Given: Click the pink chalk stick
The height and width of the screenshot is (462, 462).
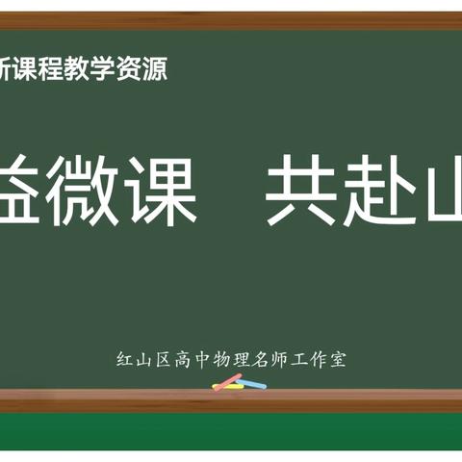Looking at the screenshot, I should click(226, 380).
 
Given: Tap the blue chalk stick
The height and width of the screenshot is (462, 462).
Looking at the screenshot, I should click(251, 384).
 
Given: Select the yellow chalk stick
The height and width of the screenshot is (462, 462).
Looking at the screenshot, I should click(229, 387).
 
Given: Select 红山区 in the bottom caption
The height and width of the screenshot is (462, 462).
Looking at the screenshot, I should click(141, 360).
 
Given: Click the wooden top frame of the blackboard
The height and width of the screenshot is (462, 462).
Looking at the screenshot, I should click(231, 21).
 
